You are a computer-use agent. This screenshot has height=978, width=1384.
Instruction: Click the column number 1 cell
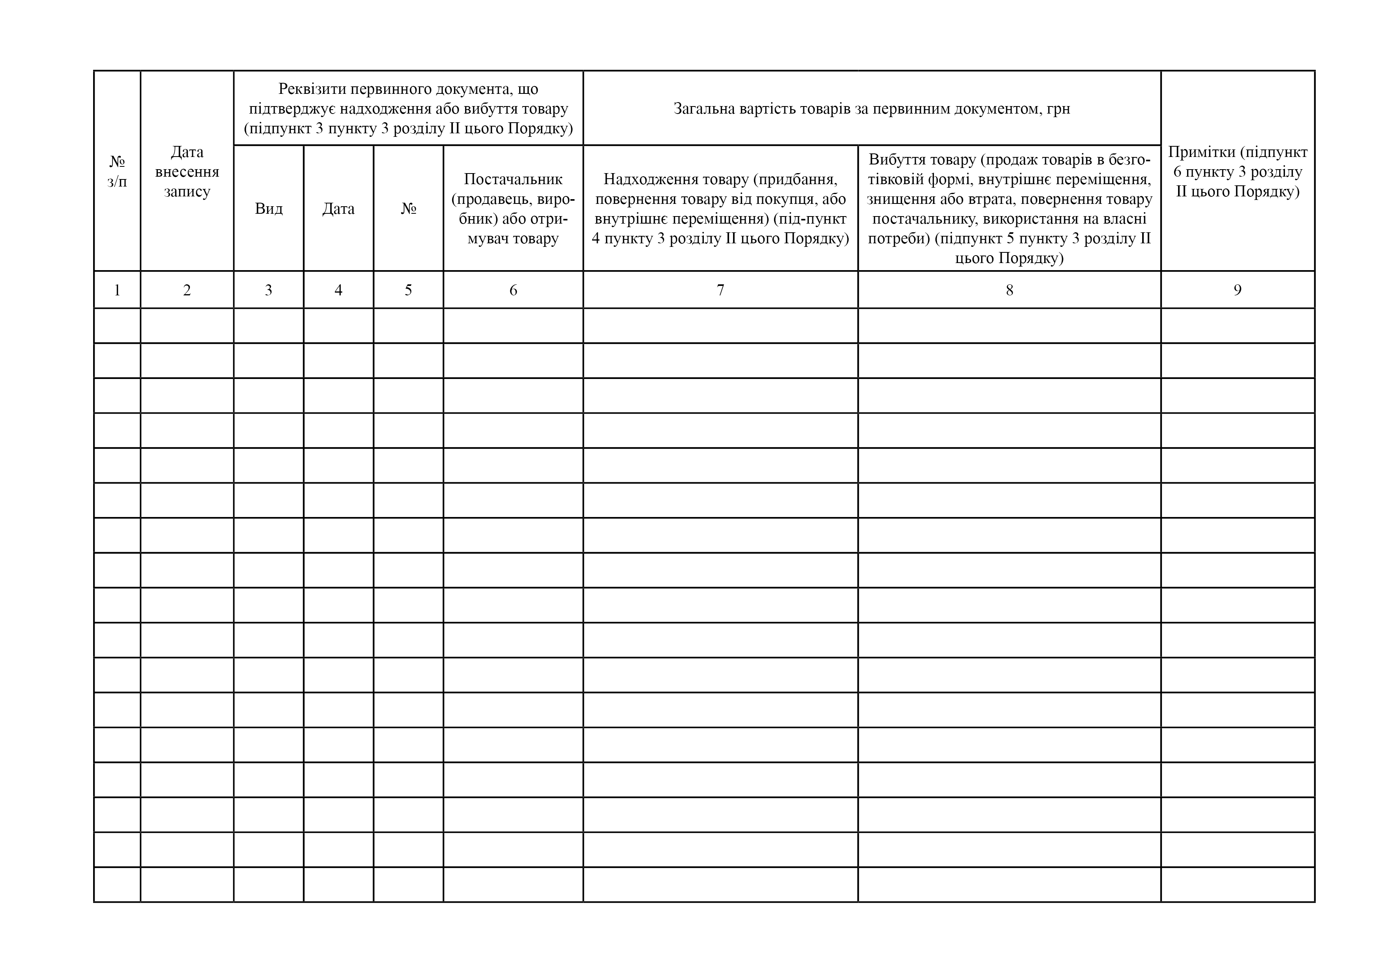117,290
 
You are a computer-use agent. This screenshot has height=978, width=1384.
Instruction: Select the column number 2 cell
187,290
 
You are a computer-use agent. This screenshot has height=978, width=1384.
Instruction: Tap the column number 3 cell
268,290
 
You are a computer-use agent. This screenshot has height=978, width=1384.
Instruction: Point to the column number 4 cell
338,290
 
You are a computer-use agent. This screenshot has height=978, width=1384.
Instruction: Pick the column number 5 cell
408,290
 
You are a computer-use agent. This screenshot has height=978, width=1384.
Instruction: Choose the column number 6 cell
513,290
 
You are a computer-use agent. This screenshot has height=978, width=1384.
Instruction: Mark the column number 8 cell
1009,290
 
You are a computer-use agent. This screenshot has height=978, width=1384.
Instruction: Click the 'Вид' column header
268,209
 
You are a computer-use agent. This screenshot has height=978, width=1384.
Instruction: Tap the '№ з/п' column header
117,171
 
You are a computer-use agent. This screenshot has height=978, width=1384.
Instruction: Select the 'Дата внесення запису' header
187,171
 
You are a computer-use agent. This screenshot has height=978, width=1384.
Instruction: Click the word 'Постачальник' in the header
513,179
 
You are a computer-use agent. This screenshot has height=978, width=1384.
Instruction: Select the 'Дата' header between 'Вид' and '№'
338,209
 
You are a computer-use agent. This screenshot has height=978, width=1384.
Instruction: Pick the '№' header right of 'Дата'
408,209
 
